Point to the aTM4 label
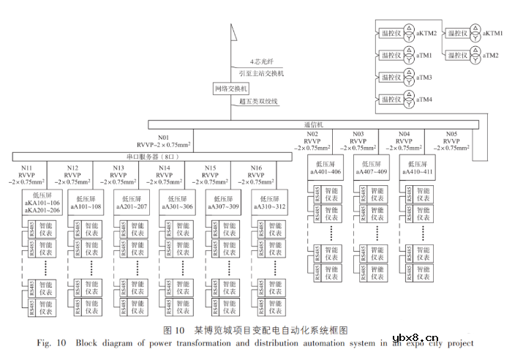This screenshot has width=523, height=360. (x=424, y=99)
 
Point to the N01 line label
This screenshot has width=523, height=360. (x=163, y=137)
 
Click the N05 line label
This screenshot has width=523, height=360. (x=451, y=134)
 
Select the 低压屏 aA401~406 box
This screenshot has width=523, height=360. (x=326, y=168)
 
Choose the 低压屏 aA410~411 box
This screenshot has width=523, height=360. (x=418, y=168)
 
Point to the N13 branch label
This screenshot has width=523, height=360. (x=118, y=168)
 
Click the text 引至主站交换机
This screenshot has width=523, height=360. (x=261, y=74)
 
